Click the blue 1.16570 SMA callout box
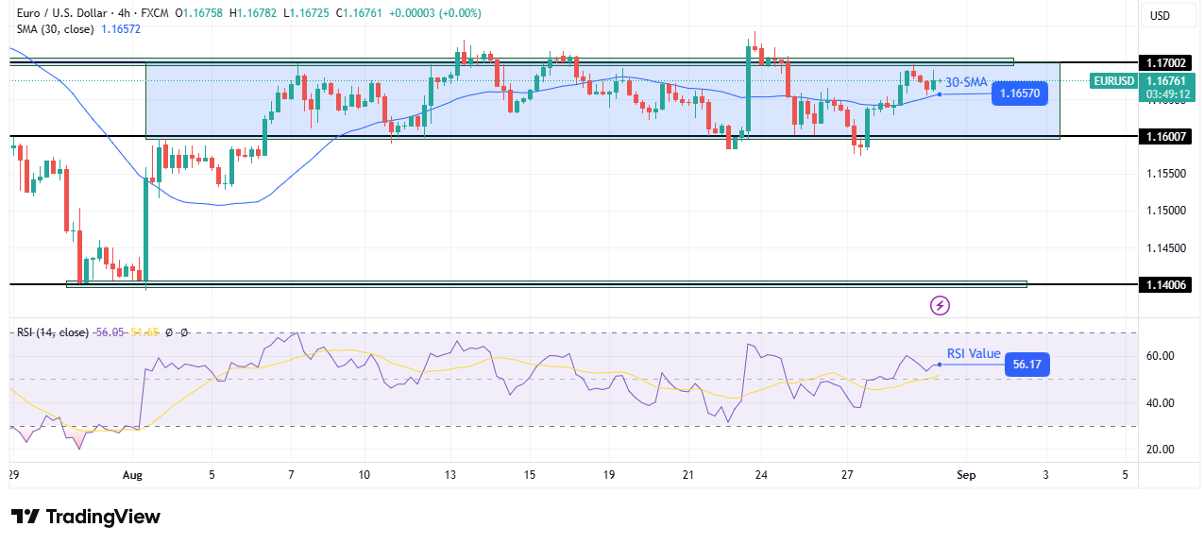pos(1020,93)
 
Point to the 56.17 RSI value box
pos(1026,365)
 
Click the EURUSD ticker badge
pos(1113,81)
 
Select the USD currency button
pos(1159,15)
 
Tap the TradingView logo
pos(86,517)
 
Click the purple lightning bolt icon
pos(940,305)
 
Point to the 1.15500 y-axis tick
pos(1161,174)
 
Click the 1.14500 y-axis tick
pos(1161,248)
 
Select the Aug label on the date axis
pos(133,475)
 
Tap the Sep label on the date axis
pos(964,475)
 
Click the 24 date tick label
pos(761,475)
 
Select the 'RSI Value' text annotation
pos(974,354)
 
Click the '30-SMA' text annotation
pos(966,82)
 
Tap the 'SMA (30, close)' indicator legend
pos(55,29)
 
